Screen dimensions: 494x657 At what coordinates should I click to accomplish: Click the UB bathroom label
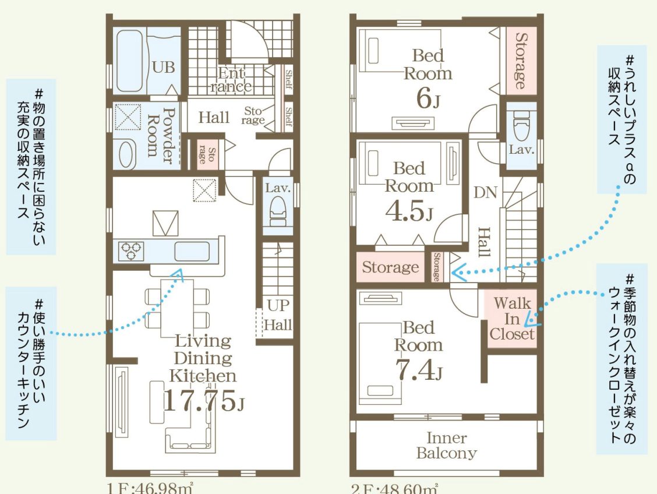tap(164, 67)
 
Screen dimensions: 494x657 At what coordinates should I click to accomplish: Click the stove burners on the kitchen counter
tap(131, 250)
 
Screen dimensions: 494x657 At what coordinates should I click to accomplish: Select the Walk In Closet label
tap(512, 318)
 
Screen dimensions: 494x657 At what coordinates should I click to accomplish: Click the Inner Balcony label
tap(446, 445)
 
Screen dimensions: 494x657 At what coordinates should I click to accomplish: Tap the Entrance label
tap(231, 80)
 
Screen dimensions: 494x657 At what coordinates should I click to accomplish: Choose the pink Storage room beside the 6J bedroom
tap(520, 60)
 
